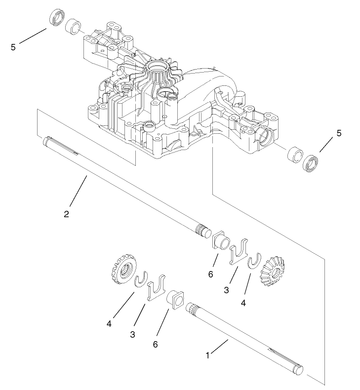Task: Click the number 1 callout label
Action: (208, 355)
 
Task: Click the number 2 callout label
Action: (66, 214)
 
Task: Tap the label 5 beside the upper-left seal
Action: (13, 47)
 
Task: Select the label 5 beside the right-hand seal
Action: (338, 133)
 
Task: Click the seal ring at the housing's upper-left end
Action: (57, 18)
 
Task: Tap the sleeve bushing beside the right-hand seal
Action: (294, 155)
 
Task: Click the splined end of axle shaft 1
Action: (195, 312)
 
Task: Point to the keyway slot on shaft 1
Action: (282, 354)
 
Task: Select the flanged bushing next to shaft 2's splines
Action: (220, 240)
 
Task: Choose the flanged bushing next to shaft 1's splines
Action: (176, 300)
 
